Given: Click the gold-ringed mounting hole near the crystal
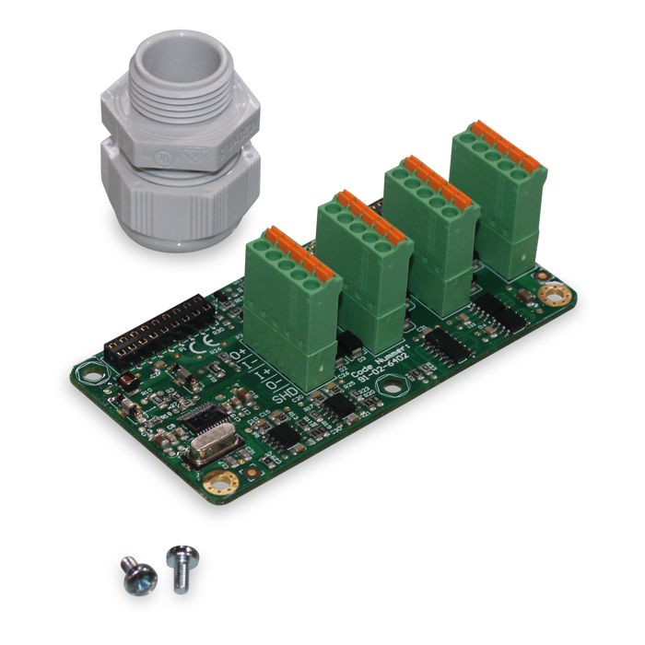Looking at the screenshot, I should [220, 481].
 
